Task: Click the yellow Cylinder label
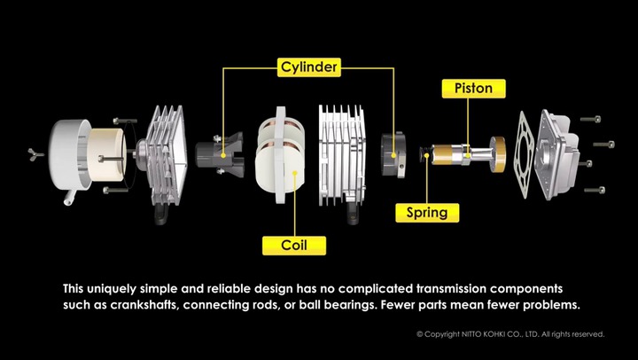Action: (309, 67)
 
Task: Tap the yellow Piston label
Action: (473, 89)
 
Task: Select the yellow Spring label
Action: (427, 213)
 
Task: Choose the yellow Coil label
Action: (294, 246)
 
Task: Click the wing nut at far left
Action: (35, 154)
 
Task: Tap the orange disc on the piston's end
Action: (498, 154)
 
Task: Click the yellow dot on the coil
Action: (294, 173)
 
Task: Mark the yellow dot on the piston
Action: (468, 155)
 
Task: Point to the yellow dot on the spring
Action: (426, 155)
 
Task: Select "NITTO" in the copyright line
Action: (471, 334)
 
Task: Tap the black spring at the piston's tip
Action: (425, 153)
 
